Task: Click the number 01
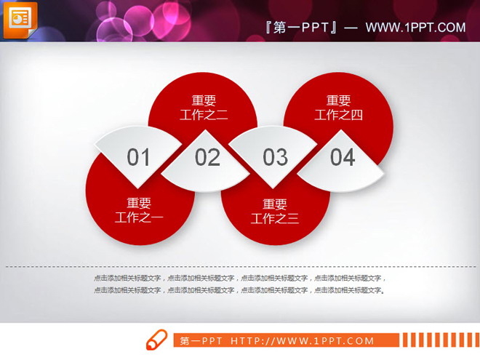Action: (138, 157)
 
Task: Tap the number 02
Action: (207, 157)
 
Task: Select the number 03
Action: (276, 157)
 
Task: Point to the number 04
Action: (343, 157)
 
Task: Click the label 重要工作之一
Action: (140, 210)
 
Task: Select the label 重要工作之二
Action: (204, 108)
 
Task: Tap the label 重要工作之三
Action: (275, 211)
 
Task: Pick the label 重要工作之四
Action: (338, 108)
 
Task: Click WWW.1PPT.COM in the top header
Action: (415, 28)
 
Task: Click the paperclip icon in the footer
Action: (157, 340)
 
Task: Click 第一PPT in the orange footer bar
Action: (200, 340)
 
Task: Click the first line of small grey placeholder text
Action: (240, 278)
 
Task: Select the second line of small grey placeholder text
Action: (240, 290)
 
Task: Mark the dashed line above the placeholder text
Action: (240, 267)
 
